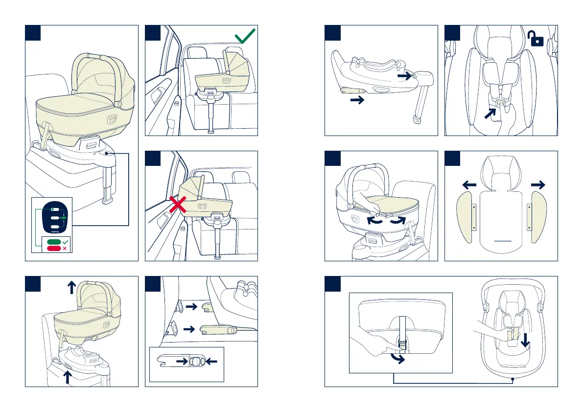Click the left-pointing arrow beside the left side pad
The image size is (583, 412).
[469, 184]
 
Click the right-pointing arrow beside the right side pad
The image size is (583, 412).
[537, 184]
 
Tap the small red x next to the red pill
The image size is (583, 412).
[65, 249]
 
